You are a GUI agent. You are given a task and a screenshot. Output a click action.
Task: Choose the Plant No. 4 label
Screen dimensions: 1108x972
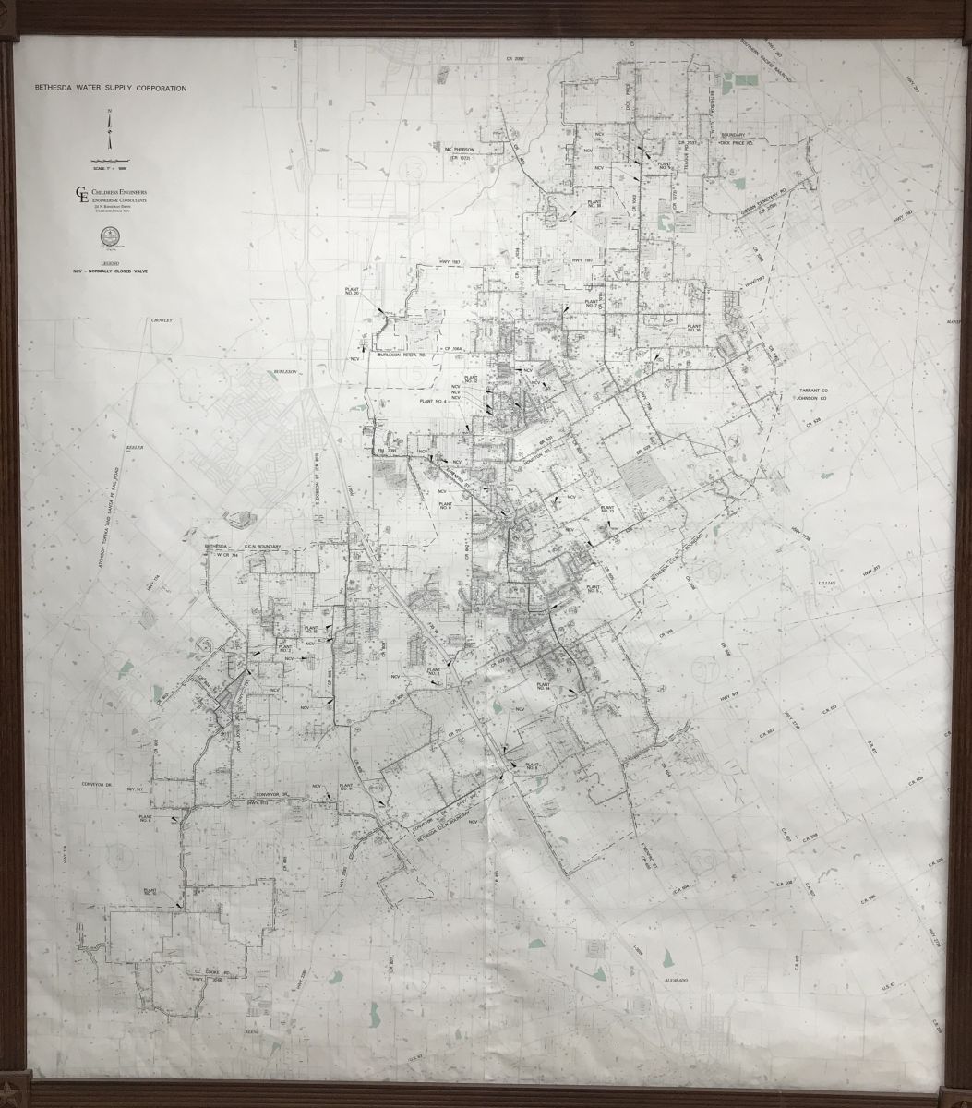432,401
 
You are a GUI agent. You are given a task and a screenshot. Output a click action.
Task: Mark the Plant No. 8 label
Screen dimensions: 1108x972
145,819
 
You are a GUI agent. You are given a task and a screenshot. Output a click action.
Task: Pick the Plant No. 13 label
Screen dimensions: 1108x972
608,510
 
